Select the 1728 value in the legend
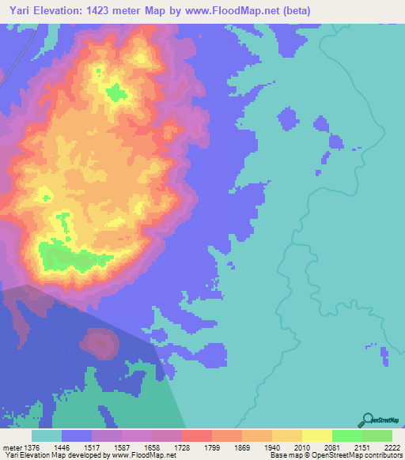(196, 447)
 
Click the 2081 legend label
(346, 447)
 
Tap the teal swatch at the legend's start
(47, 435)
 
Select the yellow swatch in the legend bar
(316, 435)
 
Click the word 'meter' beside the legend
(10, 447)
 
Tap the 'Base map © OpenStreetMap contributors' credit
(335, 455)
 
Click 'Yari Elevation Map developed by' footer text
(55, 455)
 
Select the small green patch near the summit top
(116, 93)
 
